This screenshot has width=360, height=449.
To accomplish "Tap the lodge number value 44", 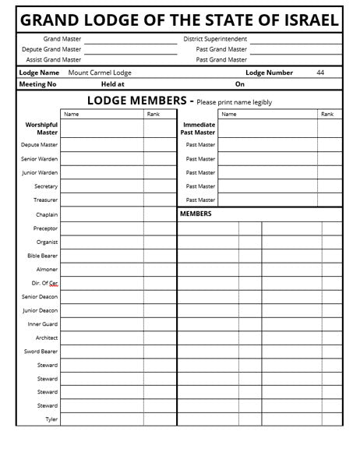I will coord(320,72).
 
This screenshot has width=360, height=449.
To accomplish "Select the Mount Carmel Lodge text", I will coord(100,72).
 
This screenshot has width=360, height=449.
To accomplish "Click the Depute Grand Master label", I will coord(51,49).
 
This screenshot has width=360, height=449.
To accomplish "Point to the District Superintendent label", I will coord(215,38).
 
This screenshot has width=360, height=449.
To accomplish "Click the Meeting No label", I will coord(37,84).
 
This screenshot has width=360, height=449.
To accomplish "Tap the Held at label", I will coord(113,84).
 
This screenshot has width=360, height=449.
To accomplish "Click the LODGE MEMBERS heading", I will coord(136,101).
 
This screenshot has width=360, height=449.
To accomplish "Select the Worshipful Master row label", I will coord(41,129).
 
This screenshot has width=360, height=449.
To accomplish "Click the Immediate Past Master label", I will coord(199,129).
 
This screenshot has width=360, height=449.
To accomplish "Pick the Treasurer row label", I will coord(45,200).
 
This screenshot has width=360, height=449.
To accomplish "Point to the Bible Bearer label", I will coord(43,256).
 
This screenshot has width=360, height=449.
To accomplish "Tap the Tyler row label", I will coord(51,419).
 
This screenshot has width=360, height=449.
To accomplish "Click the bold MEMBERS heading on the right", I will coord(196,214).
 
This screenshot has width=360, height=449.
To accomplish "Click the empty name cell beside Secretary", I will coord(101,186).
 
